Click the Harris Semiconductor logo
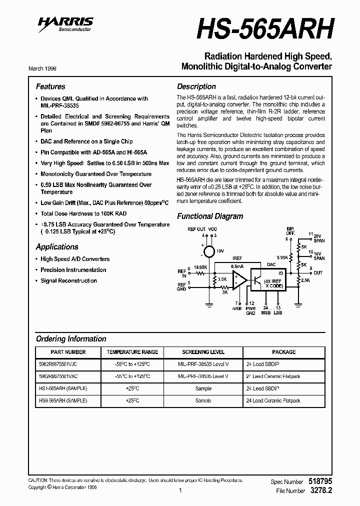(x=65, y=23)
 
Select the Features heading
(x=50, y=86)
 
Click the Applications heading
(x=57, y=247)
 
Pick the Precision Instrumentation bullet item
(x=73, y=270)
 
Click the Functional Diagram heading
(x=210, y=216)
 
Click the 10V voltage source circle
(x=209, y=251)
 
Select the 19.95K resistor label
(x=200, y=268)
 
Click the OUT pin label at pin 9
(x=318, y=273)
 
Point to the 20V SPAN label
(x=318, y=238)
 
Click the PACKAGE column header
(x=283, y=352)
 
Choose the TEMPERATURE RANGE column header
(x=132, y=352)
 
